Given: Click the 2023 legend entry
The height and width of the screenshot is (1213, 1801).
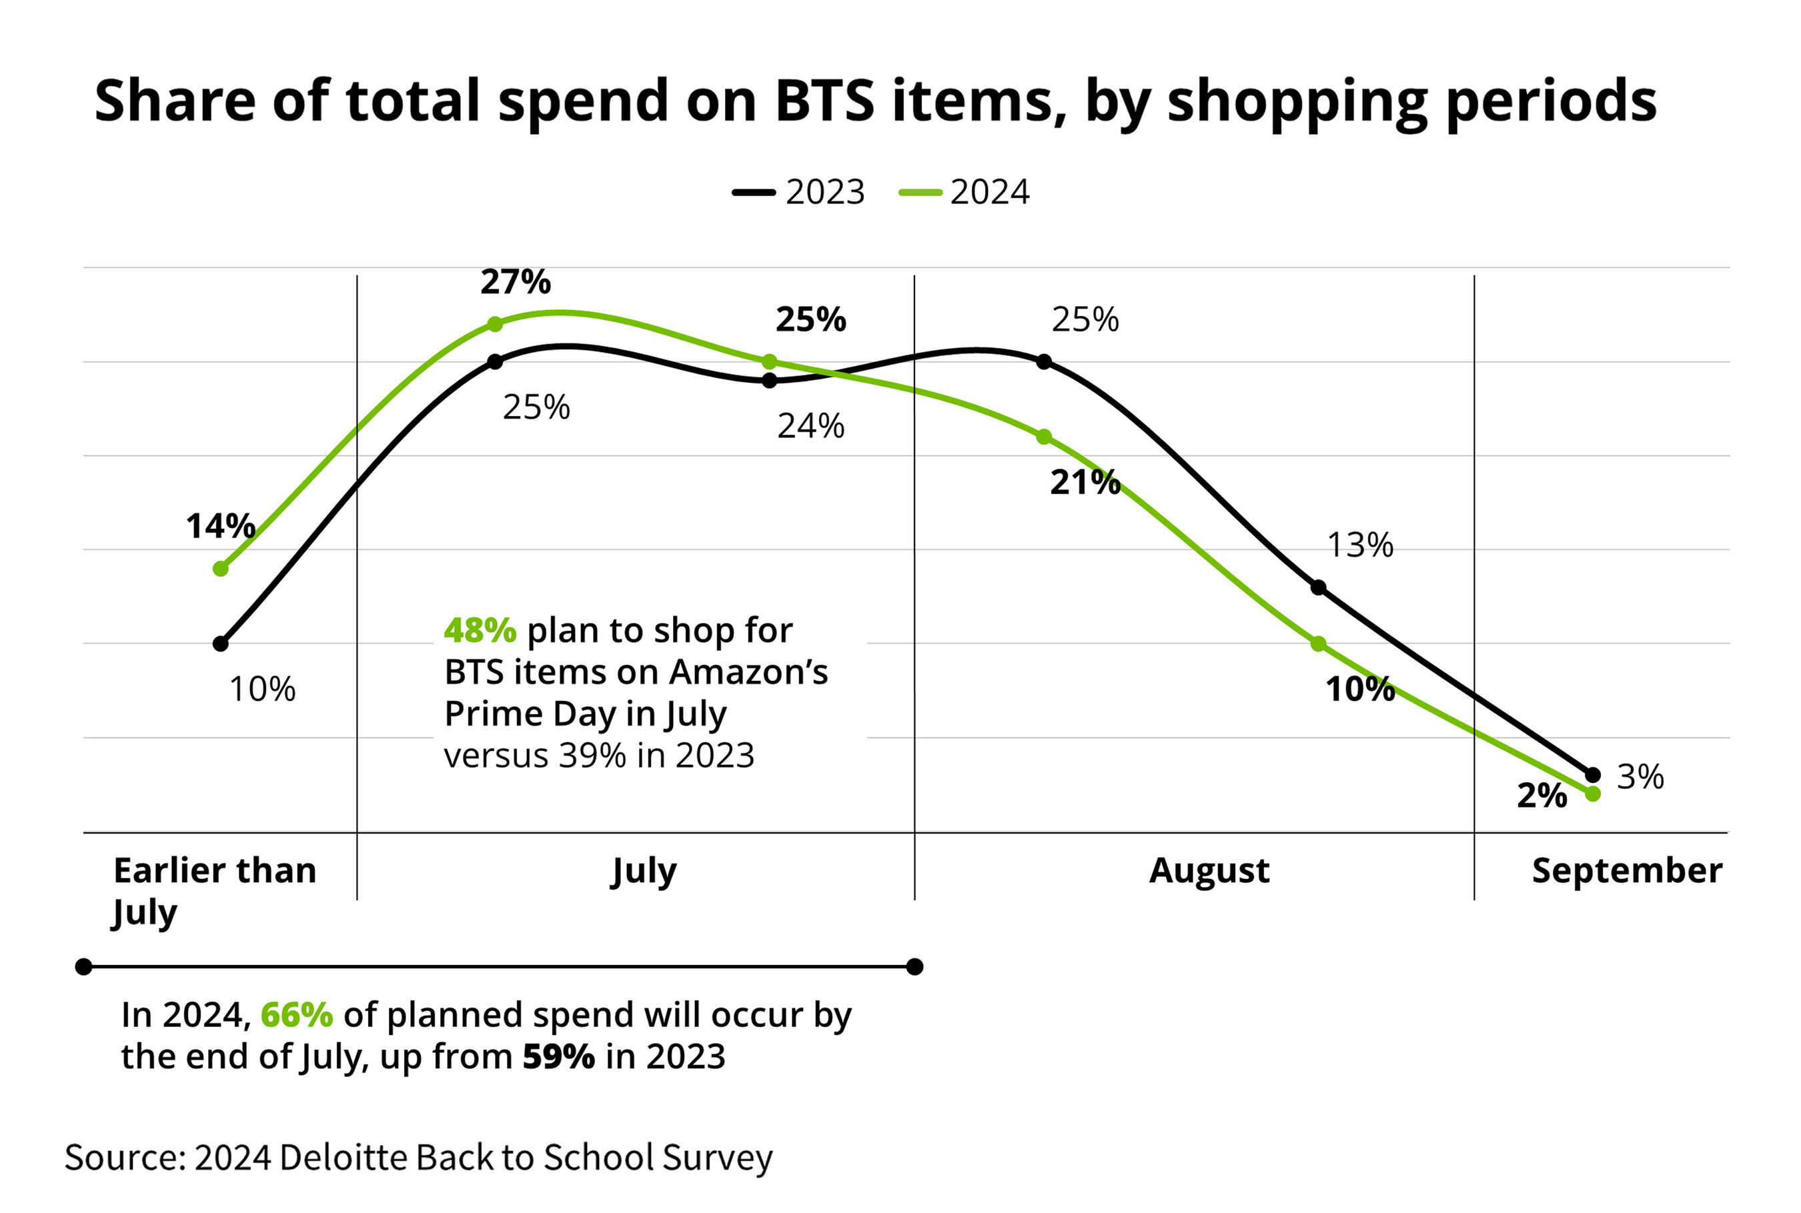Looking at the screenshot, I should click(798, 192).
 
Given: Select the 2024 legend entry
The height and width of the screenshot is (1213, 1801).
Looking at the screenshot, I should click(964, 192).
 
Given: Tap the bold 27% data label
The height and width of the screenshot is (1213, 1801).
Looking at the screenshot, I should click(515, 281).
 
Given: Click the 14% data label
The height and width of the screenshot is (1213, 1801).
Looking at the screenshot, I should click(221, 526).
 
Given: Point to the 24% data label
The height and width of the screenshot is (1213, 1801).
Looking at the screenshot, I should click(810, 425).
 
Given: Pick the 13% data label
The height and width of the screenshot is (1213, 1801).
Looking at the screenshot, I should click(1359, 545).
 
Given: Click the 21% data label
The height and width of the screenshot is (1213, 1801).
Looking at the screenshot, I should click(1085, 482).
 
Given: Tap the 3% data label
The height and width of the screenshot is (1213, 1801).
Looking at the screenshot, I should click(1640, 777).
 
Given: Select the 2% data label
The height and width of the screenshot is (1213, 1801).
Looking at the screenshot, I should click(1541, 796).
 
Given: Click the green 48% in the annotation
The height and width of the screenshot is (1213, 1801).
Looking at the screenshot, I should click(480, 630).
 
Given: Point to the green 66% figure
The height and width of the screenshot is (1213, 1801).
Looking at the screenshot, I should click(297, 1015).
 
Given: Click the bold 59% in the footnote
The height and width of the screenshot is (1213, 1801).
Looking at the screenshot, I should click(558, 1057).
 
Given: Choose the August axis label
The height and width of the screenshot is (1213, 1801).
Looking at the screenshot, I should click(1209, 870).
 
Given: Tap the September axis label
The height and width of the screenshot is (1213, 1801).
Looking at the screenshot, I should click(1627, 870).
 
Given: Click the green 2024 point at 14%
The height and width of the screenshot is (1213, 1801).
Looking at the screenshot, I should click(221, 569).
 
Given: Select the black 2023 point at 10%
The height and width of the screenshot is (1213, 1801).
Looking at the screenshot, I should click(221, 643).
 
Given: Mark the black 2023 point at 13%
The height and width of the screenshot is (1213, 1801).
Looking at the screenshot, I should click(1318, 587).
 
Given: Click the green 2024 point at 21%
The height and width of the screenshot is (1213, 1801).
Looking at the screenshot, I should click(1044, 437).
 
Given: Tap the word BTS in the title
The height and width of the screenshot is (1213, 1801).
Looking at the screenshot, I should click(824, 101).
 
